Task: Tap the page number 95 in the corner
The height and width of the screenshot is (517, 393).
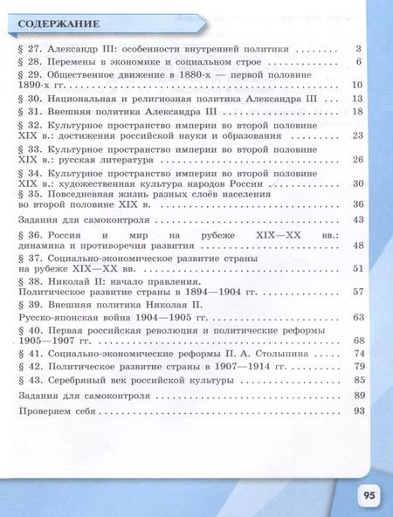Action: pyautogui.click(x=368, y=495)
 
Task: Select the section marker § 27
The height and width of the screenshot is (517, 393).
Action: pyautogui.click(x=28, y=51)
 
